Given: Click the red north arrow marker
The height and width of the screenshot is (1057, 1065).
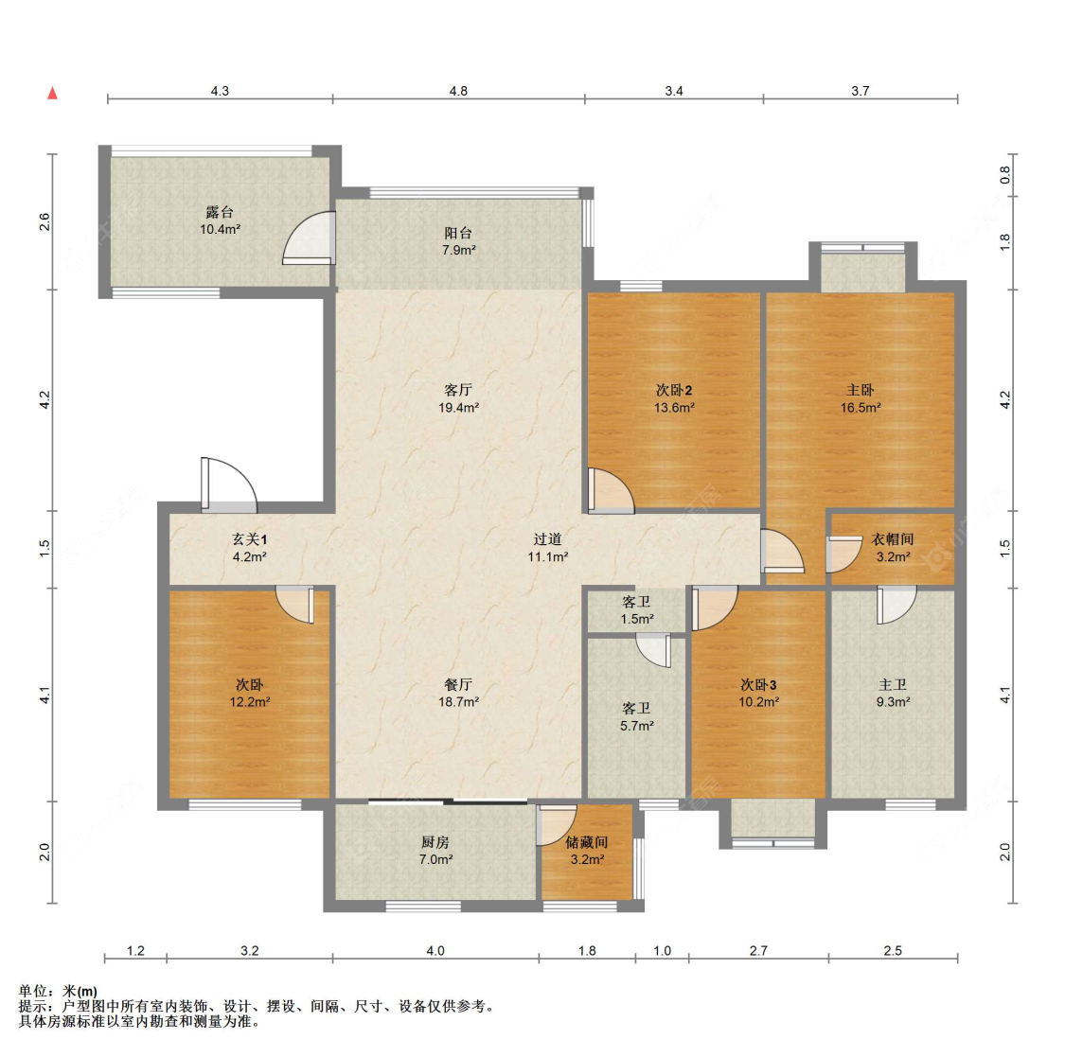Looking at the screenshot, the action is pyautogui.click(x=52, y=93).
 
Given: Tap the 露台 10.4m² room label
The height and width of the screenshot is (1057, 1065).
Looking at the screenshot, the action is pyautogui.click(x=220, y=220).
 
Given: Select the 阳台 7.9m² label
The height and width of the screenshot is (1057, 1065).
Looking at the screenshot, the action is pyautogui.click(x=458, y=241).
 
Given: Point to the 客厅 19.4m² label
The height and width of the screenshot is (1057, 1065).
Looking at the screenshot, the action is pyautogui.click(x=458, y=398).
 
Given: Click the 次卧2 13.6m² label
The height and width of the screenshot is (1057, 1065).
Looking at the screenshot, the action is pyautogui.click(x=674, y=398).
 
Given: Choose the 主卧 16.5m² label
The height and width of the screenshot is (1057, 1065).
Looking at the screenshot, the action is pyautogui.click(x=861, y=398).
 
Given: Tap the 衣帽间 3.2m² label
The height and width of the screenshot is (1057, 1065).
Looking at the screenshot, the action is pyautogui.click(x=893, y=548).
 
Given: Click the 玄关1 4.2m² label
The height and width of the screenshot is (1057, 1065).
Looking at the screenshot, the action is pyautogui.click(x=249, y=548).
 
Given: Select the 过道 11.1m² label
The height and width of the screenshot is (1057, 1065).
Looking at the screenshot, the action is pyautogui.click(x=547, y=548).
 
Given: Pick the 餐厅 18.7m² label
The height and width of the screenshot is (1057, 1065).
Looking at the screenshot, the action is pyautogui.click(x=458, y=693).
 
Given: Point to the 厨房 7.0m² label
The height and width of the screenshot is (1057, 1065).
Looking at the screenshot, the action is pyautogui.click(x=435, y=851).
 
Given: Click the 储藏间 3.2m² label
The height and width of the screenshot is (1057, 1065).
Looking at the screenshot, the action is pyautogui.click(x=587, y=851).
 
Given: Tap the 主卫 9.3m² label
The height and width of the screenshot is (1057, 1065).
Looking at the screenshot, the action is pyautogui.click(x=893, y=693).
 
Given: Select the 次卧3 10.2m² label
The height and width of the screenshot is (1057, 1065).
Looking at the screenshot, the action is pyautogui.click(x=758, y=693).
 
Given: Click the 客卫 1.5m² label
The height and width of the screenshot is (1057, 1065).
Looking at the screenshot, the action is pyautogui.click(x=636, y=610).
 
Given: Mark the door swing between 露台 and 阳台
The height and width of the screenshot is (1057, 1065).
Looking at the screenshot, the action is pyautogui.click(x=309, y=238).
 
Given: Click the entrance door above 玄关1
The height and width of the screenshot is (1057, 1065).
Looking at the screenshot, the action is pyautogui.click(x=229, y=484).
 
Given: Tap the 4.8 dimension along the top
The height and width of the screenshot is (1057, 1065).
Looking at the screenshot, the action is pyautogui.click(x=458, y=91).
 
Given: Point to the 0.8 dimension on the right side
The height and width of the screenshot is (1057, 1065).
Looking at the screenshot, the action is pyautogui.click(x=1005, y=175).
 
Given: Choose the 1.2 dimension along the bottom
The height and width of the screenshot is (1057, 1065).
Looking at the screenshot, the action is pyautogui.click(x=135, y=950).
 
